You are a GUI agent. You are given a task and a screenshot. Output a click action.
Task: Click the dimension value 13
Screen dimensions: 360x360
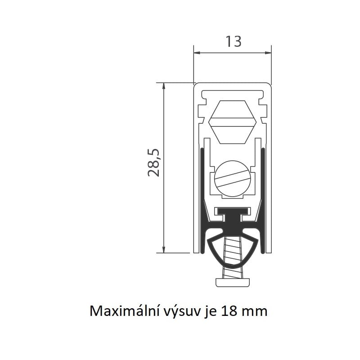pos(234,41)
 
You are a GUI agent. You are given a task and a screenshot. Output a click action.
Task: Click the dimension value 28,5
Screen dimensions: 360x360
pos(153,162)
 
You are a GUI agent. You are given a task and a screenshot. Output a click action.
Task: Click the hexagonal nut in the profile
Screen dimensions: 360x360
pos(232,122)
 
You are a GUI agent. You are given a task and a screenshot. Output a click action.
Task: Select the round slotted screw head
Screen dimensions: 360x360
pos(232,179)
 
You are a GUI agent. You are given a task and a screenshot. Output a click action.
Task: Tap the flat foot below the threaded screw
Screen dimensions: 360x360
pos(233,283)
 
